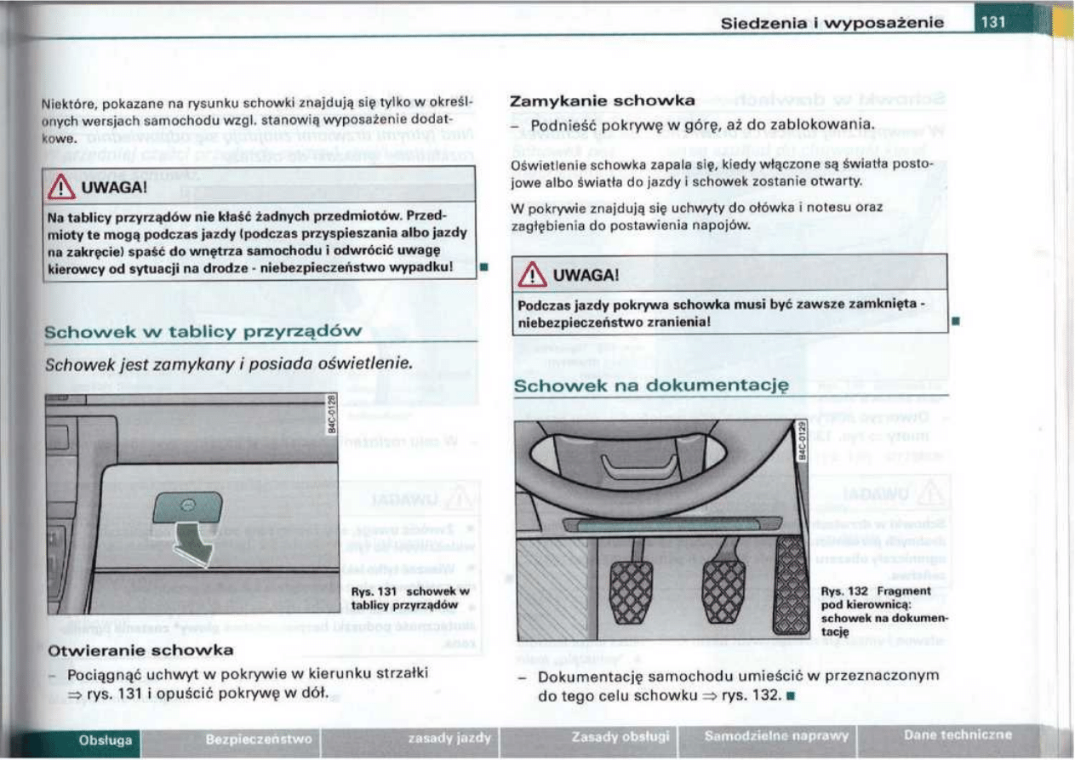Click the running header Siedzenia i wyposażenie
[x=832, y=23]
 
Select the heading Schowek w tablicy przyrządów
[x=203, y=331]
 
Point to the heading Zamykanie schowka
[x=603, y=100]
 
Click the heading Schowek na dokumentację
[x=652, y=385]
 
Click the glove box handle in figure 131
[x=187, y=507]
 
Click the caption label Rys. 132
[x=843, y=591]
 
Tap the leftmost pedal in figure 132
[x=631, y=588]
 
